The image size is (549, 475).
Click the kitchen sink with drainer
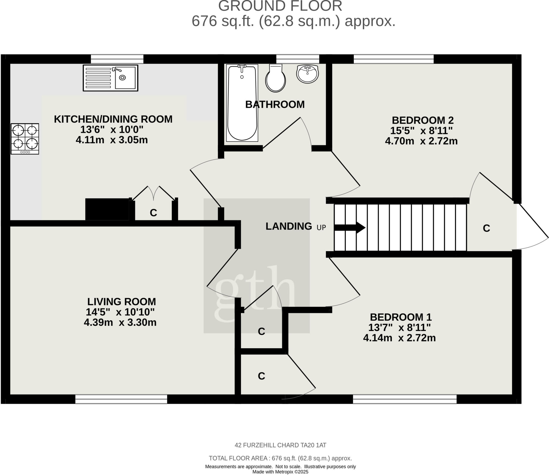(x=110, y=78)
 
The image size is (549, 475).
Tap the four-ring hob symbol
(x=25, y=139)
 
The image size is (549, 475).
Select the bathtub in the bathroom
(x=242, y=103)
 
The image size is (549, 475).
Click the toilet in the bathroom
(x=275, y=79)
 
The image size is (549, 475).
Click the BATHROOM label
(x=275, y=104)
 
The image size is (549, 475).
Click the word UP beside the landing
(x=321, y=228)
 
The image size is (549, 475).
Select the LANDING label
(x=289, y=226)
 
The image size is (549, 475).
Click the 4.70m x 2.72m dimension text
(x=421, y=141)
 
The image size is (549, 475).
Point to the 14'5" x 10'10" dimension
(x=120, y=312)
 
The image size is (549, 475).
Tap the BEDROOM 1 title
(x=400, y=317)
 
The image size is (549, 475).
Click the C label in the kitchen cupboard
(x=153, y=213)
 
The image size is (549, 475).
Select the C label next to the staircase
(x=486, y=228)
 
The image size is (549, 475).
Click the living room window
(x=121, y=399)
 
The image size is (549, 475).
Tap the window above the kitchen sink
(x=117, y=59)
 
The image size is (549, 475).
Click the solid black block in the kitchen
(x=107, y=209)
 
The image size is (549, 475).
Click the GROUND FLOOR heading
(x=280, y=6)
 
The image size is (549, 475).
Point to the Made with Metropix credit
(x=280, y=472)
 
